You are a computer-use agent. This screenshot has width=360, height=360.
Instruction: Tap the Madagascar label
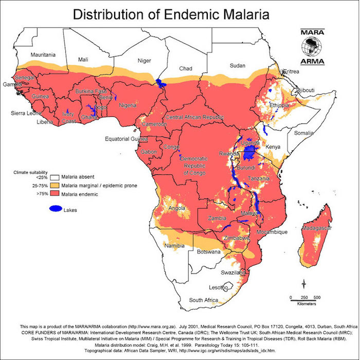[x=317, y=228]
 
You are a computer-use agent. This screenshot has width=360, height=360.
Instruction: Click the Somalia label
[x=303, y=133]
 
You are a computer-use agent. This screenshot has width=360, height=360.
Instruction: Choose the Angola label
[x=177, y=208]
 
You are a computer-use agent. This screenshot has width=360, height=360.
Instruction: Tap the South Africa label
[x=203, y=299]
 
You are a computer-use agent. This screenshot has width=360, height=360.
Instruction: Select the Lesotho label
[x=218, y=287]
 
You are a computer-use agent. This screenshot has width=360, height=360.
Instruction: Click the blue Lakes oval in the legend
[x=56, y=209]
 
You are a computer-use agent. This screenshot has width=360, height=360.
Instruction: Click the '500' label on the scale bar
[x=317, y=297]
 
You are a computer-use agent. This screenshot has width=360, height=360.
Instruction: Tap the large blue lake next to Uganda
[x=251, y=153]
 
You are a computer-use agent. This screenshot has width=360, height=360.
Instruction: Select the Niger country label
[x=145, y=61]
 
